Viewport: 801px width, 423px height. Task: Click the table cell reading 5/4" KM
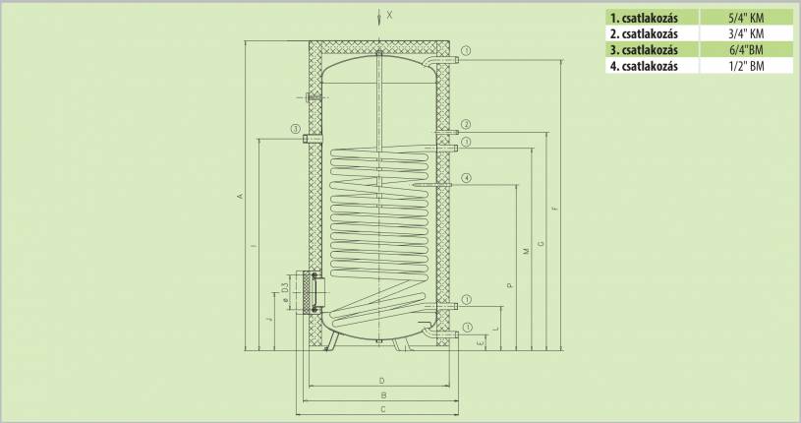pyautogui.click(x=746, y=18)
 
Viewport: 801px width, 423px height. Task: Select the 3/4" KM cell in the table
pyautogui.click(x=746, y=33)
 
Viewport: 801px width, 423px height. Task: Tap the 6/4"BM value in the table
pyautogui.click(x=746, y=49)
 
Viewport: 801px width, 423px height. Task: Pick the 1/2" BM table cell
pyautogui.click(x=746, y=66)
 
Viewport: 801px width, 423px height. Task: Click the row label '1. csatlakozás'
pyautogui.click(x=644, y=18)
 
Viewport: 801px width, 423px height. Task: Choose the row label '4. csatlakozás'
pyautogui.click(x=644, y=66)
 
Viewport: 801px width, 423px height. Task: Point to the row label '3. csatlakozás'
pyautogui.click(x=644, y=49)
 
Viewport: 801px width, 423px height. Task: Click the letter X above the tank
pyautogui.click(x=390, y=16)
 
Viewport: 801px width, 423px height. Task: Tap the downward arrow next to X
pyautogui.click(x=379, y=17)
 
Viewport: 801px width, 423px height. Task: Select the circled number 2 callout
pyautogui.click(x=466, y=124)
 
